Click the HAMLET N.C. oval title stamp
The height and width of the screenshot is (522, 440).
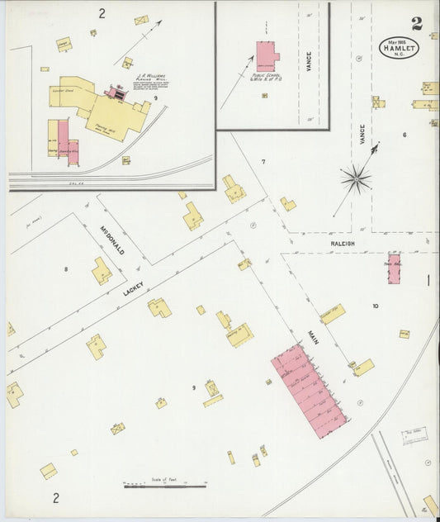(x=400, y=48)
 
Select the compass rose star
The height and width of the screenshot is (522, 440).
(x=356, y=178)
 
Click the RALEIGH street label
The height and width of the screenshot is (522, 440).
(x=343, y=244)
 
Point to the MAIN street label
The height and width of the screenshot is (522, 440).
(x=314, y=336)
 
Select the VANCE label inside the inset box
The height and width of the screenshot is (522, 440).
(x=308, y=61)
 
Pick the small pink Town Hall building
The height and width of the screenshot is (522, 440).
(x=394, y=269)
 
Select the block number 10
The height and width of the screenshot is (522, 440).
(x=375, y=306)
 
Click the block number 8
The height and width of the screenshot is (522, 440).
(x=66, y=268)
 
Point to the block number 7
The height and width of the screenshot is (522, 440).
(x=263, y=162)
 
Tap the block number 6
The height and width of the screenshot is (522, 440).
(x=405, y=135)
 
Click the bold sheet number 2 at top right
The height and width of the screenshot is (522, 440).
(x=417, y=24)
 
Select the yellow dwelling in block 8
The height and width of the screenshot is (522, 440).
(x=102, y=270)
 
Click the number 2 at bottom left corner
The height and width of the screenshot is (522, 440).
(x=56, y=497)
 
